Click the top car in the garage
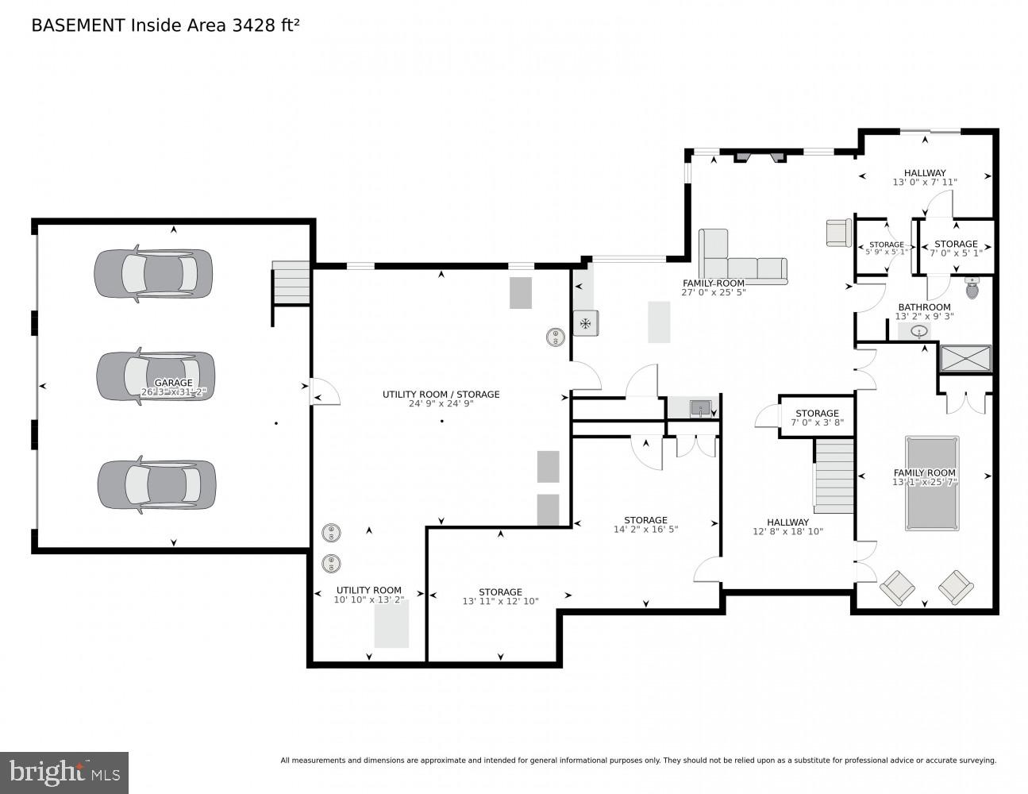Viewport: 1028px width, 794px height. coord(153,274)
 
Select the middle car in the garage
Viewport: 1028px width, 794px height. coord(156,376)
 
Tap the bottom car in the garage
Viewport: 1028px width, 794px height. coord(156,484)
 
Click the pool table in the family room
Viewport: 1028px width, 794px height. coord(931,483)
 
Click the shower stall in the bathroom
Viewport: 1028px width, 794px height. coord(965,358)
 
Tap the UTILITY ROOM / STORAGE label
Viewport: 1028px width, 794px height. coord(441,394)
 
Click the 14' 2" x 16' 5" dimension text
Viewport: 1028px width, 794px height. coord(645,530)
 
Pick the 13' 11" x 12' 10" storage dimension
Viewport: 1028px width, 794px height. coord(500,601)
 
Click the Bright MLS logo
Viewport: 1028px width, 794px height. coord(64,772)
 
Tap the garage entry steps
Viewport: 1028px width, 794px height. coord(291,282)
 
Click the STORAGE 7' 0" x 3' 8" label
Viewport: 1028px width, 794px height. coord(817,418)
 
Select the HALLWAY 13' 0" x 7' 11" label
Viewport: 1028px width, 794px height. coord(925,177)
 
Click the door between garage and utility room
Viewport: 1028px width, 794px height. coord(324,391)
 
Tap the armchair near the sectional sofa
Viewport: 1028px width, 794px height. coord(838,233)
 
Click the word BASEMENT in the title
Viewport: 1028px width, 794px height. coord(77,25)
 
